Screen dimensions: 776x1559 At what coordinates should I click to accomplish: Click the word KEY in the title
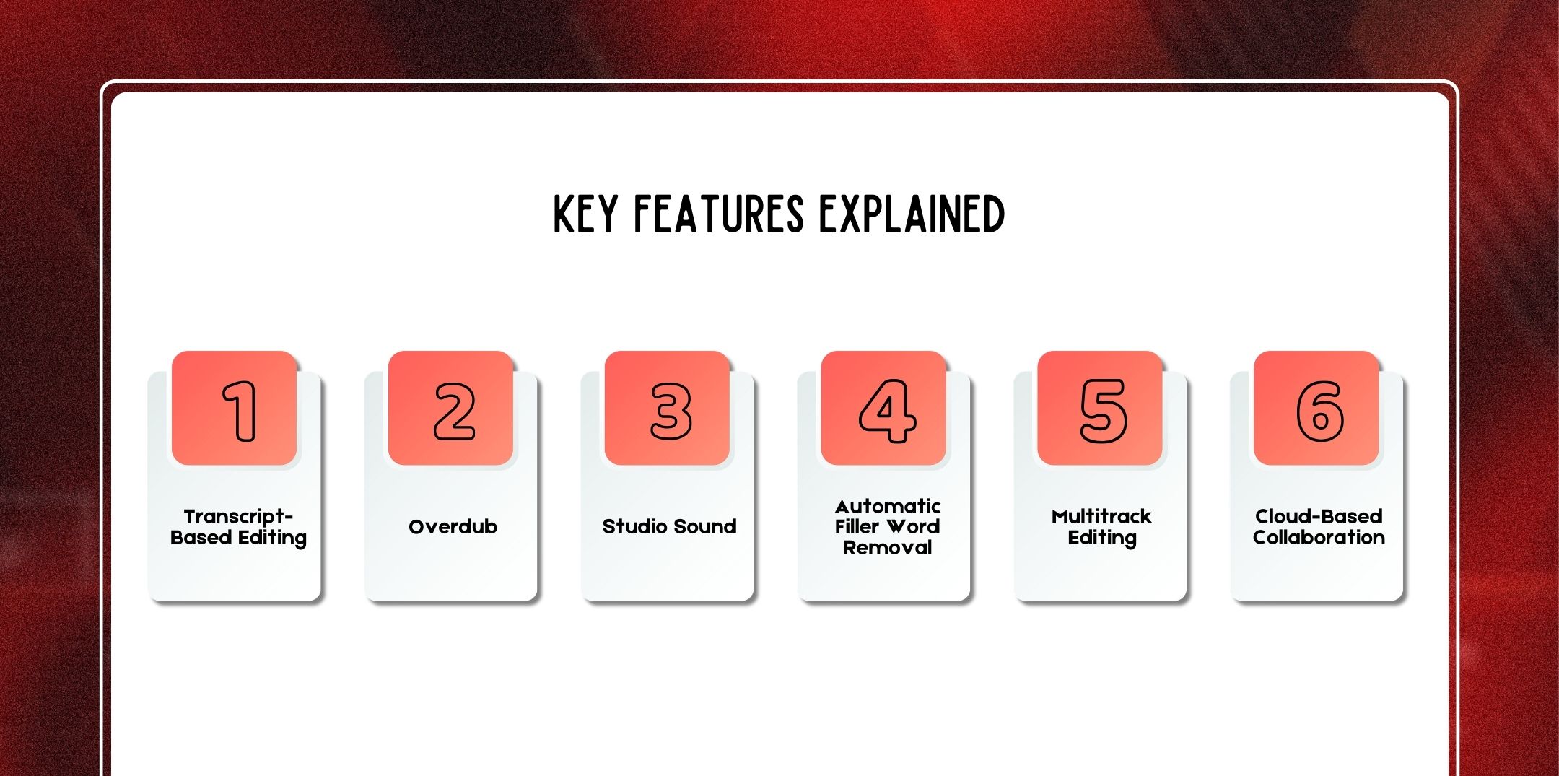pyautogui.click(x=585, y=214)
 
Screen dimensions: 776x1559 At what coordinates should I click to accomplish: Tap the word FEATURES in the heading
pyautogui.click(x=718, y=214)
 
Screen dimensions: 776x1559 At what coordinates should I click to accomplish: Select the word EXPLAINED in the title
pyautogui.click(x=912, y=214)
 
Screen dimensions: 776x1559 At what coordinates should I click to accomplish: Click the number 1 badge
pyautogui.click(x=235, y=409)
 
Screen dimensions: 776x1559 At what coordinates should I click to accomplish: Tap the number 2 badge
pyautogui.click(x=451, y=409)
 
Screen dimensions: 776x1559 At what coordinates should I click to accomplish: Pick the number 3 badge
pyautogui.click(x=668, y=409)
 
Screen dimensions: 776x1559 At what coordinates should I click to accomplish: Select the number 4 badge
pyautogui.click(x=884, y=409)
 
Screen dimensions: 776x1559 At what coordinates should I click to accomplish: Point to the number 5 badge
pyautogui.click(x=1101, y=409)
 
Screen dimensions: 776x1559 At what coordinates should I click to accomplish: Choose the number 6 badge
pyautogui.click(x=1317, y=409)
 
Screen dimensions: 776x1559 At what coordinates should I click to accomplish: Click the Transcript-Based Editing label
pyautogui.click(x=238, y=527)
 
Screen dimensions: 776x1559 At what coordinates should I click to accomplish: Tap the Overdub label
pyautogui.click(x=453, y=527)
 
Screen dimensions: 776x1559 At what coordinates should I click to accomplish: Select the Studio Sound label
pyautogui.click(x=670, y=527)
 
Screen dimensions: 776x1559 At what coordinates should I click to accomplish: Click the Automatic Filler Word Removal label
pyautogui.click(x=888, y=527)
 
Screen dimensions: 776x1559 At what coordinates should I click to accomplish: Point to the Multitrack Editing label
pyautogui.click(x=1102, y=527)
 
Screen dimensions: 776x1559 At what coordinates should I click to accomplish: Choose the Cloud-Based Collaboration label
pyautogui.click(x=1319, y=527)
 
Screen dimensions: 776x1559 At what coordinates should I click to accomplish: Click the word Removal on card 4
pyautogui.click(x=888, y=548)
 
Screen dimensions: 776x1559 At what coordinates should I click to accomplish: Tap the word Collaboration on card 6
pyautogui.click(x=1319, y=538)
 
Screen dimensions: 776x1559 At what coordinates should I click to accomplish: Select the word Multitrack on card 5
pyautogui.click(x=1102, y=517)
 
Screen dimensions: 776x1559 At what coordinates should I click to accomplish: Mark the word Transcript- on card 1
pyautogui.click(x=238, y=517)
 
